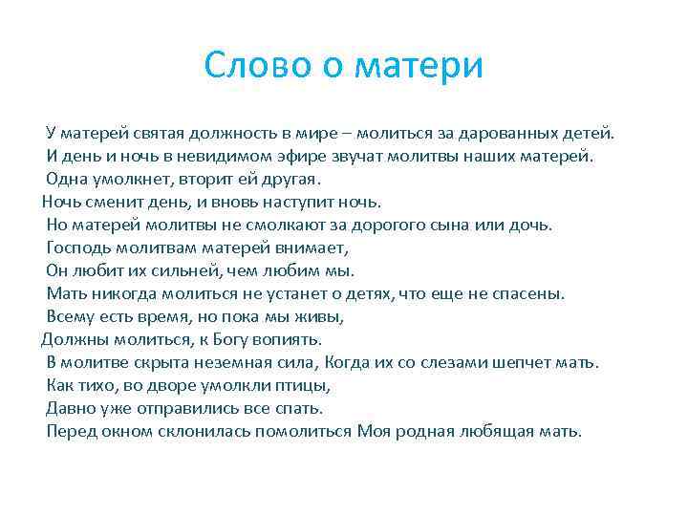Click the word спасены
point(531,293)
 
